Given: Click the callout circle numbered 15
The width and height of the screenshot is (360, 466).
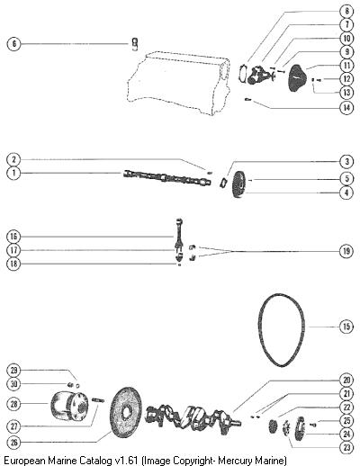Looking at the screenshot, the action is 346,327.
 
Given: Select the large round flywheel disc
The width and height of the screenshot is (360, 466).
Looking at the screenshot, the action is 126,411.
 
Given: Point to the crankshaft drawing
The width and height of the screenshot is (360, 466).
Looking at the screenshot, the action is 193,417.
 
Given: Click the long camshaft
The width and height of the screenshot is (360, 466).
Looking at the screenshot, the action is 167,178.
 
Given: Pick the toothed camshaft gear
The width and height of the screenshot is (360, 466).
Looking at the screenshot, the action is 239,184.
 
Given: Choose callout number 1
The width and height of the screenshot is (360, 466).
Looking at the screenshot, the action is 13,173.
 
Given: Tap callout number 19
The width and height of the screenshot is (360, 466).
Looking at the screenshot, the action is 346,251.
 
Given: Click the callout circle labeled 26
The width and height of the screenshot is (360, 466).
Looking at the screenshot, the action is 13,442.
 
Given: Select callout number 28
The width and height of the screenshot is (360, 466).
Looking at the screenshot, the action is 13,404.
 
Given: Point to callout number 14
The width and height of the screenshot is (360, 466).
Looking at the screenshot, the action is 346,107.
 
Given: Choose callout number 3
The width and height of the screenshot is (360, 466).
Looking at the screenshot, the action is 346,161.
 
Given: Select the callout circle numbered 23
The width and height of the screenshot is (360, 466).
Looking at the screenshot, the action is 346,447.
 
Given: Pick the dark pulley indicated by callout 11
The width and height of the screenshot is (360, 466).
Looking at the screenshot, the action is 298,78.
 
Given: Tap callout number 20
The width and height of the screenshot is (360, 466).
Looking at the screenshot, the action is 346,381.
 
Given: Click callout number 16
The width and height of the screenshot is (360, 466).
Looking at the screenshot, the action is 13,237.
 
